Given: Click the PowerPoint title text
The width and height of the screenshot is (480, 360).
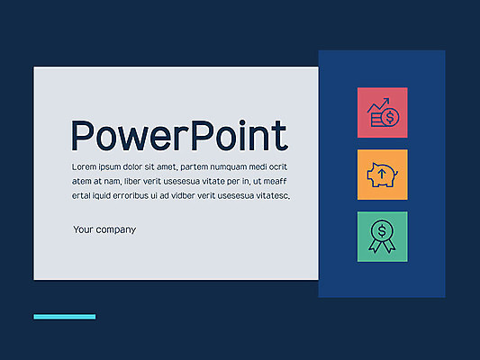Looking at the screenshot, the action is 179,136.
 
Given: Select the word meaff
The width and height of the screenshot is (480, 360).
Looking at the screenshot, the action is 275,182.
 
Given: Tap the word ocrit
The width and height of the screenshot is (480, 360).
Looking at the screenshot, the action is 278,167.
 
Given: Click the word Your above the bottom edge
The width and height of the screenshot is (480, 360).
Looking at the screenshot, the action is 83,229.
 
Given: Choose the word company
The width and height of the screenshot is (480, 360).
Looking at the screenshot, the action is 116,230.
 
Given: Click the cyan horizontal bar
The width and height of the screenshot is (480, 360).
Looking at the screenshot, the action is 65,317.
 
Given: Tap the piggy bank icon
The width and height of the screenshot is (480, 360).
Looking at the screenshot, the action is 382,175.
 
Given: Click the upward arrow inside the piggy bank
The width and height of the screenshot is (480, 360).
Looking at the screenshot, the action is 382,174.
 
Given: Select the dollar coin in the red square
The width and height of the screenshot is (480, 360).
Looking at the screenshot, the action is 390,116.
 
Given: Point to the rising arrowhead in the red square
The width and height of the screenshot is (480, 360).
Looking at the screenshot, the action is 386,101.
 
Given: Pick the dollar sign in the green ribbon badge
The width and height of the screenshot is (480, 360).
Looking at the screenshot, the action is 382,230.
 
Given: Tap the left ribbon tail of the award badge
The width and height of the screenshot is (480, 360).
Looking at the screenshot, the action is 375,245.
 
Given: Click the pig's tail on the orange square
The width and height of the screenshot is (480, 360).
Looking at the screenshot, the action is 396,174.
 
